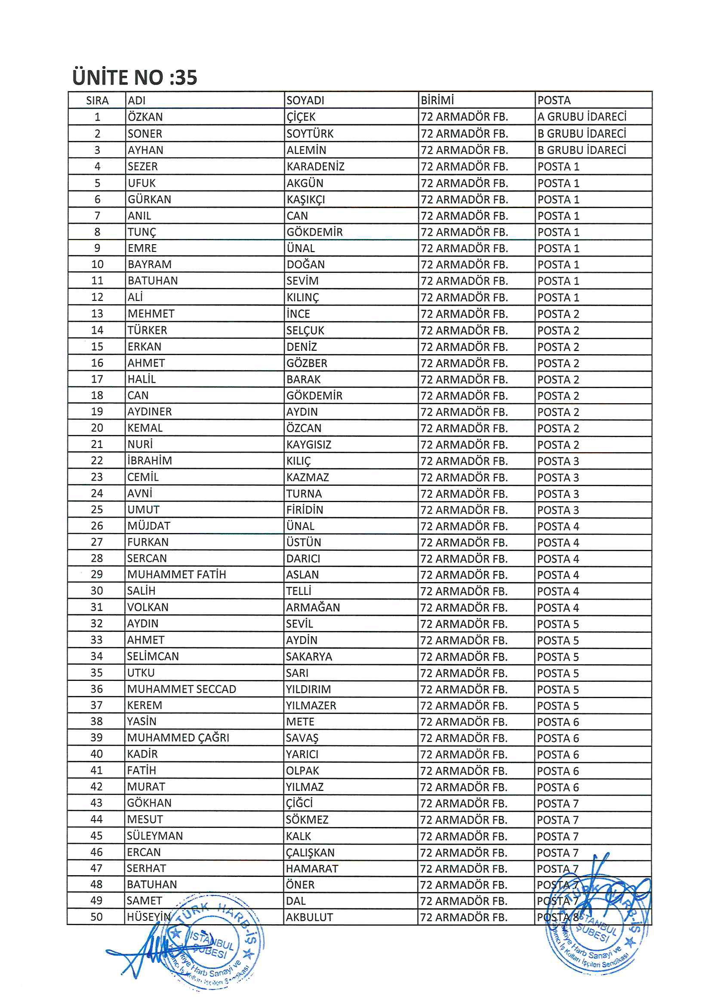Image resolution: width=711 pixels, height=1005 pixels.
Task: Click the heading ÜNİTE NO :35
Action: (135, 77)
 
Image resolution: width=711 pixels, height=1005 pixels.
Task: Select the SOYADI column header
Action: (305, 100)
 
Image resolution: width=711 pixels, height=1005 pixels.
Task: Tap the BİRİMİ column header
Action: (437, 100)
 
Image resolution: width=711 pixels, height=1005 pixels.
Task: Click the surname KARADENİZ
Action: (315, 166)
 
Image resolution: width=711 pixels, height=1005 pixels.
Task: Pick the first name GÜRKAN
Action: (149, 199)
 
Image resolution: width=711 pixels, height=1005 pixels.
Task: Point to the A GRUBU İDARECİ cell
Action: (582, 116)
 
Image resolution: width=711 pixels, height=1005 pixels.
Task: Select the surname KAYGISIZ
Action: (309, 445)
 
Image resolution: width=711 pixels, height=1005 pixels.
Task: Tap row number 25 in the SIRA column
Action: (97, 509)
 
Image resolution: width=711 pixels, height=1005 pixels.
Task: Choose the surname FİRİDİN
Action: (305, 510)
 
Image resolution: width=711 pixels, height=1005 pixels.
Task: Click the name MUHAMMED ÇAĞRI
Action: (179, 738)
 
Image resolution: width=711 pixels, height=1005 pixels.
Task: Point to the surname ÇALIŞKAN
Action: (310, 852)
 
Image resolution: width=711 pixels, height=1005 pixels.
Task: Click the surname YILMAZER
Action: (311, 705)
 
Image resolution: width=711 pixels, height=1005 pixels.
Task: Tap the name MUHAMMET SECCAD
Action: (182, 689)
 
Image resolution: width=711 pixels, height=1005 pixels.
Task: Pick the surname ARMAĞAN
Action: (313, 607)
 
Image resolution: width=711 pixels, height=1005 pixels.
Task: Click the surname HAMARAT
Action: (312, 868)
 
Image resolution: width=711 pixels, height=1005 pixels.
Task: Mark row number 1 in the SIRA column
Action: (97, 117)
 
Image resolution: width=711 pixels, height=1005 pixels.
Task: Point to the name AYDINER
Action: (149, 411)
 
